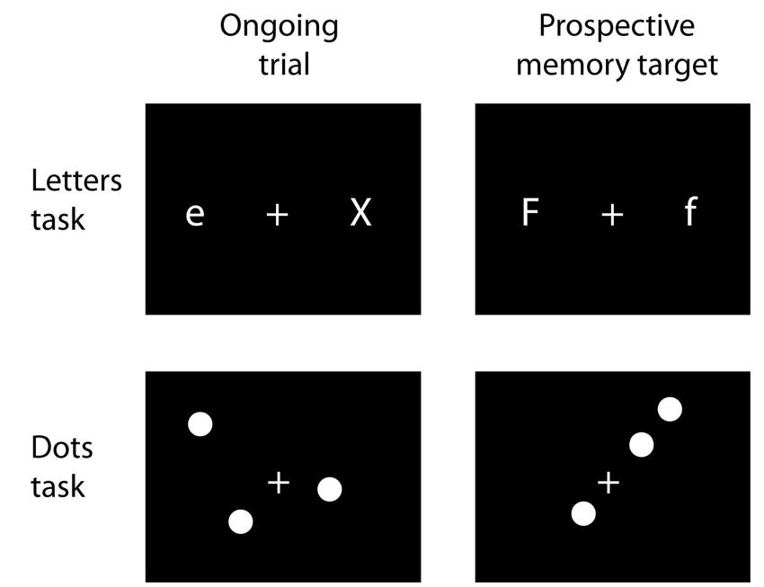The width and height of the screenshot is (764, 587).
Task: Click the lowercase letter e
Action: [194, 216]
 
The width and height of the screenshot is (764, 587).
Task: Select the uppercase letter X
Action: [360, 213]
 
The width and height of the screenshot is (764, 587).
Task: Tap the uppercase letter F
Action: [530, 213]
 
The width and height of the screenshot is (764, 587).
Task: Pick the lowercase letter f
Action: [689, 213]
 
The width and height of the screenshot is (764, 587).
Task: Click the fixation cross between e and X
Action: [278, 214]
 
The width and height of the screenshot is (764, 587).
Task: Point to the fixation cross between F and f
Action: [611, 214]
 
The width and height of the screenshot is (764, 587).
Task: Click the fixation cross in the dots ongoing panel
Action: [279, 483]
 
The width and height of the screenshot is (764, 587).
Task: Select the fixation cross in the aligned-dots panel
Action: [609, 484]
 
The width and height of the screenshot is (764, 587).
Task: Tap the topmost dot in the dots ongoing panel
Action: [200, 424]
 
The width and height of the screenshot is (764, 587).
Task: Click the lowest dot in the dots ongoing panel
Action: [241, 521]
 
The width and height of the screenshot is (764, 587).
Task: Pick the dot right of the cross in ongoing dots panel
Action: [330, 489]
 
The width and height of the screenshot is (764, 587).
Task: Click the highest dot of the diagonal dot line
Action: [670, 410]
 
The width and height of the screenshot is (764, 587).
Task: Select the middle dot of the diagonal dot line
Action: [641, 444]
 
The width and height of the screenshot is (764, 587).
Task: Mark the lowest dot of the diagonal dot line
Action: [583, 514]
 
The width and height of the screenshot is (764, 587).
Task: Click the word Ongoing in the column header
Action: [279, 27]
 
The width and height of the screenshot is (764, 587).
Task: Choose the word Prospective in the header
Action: [616, 27]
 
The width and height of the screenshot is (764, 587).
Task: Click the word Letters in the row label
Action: [76, 180]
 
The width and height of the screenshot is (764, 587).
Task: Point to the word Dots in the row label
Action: [62, 448]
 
